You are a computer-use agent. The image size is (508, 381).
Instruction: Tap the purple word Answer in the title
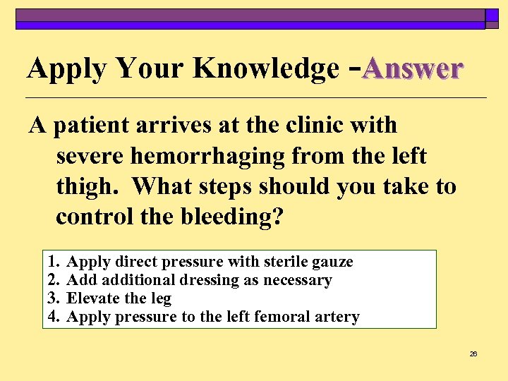coord(413,68)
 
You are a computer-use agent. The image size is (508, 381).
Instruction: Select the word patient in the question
coord(97,125)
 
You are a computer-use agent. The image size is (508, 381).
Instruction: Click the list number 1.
coord(53,262)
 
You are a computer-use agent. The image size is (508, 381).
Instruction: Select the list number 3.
coord(53,298)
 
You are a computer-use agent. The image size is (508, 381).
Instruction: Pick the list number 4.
coord(53,317)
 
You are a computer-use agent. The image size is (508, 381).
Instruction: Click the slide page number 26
coord(473,353)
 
